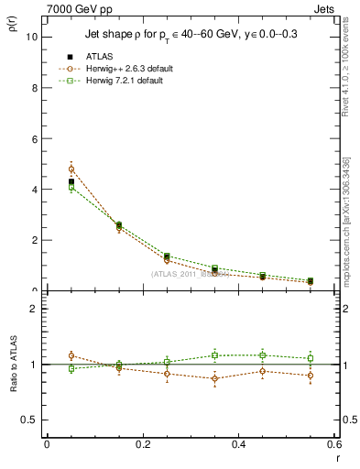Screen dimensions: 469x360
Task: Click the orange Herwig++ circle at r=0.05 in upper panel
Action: pos(71,169)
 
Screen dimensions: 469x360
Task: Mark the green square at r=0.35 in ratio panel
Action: pos(214,355)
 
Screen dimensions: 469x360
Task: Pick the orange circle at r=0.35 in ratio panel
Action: pos(214,378)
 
